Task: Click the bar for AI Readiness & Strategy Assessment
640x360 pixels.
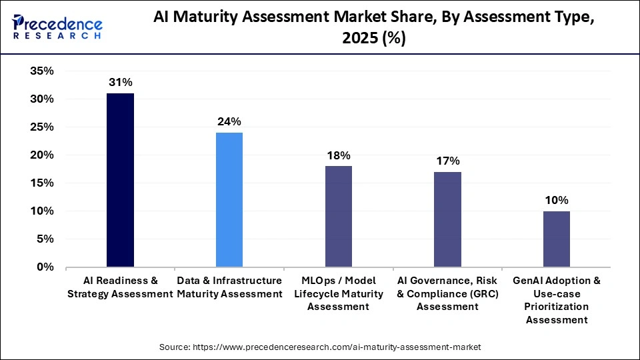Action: (120, 180)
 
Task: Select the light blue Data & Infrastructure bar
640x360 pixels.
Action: (229, 200)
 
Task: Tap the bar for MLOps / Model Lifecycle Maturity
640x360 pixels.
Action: (338, 217)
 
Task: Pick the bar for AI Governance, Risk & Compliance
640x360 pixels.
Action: (447, 219)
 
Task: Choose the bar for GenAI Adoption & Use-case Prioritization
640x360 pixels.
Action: (556, 239)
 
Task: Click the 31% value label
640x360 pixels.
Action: (121, 83)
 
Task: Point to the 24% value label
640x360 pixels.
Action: (229, 121)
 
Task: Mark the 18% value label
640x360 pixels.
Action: (338, 155)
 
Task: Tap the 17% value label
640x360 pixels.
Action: (447, 161)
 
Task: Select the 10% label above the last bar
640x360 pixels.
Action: (556, 200)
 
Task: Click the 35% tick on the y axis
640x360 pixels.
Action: (42, 71)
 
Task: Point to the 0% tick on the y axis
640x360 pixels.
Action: (45, 267)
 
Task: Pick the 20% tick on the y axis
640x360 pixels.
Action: (42, 155)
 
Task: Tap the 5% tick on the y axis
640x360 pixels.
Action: (45, 239)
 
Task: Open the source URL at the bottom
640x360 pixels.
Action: (320, 347)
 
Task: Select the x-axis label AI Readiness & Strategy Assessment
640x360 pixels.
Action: (120, 287)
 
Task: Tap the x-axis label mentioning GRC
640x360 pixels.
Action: (447, 293)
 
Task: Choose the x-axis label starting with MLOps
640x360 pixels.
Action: (338, 293)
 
